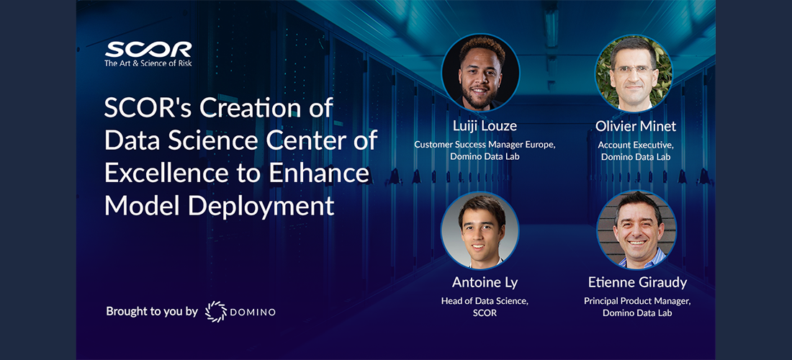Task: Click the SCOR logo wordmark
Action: pyautogui.click(x=148, y=50)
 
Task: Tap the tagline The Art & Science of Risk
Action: pyautogui.click(x=148, y=63)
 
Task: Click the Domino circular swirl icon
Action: pyautogui.click(x=216, y=312)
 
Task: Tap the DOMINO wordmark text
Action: pyautogui.click(x=253, y=312)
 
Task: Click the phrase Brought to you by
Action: pyautogui.click(x=151, y=312)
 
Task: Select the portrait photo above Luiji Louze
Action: pyautogui.click(x=480, y=73)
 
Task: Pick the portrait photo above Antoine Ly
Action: pyautogui.click(x=480, y=230)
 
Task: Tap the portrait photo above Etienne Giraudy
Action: pyautogui.click(x=637, y=230)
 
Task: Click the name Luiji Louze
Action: pyautogui.click(x=485, y=126)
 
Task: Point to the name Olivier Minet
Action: pyautogui.click(x=636, y=126)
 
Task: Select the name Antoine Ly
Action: pyautogui.click(x=485, y=283)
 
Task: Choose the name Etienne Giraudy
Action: pyautogui.click(x=637, y=282)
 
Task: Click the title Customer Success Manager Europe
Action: pyautogui.click(x=485, y=145)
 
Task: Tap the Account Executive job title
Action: pyautogui.click(x=636, y=145)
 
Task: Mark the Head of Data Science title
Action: pyautogui.click(x=485, y=302)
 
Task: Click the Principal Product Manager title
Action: pyautogui.click(x=637, y=302)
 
